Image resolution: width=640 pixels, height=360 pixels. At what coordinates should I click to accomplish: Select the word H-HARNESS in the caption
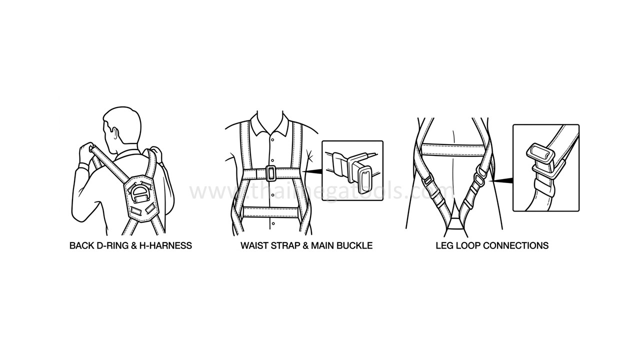pos(165,245)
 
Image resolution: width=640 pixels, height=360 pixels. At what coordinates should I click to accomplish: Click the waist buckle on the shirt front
pos(271,173)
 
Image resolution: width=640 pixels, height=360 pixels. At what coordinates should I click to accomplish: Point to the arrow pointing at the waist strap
pos(312,171)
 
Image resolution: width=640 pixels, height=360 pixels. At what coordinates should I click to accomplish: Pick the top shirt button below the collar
pos(272,140)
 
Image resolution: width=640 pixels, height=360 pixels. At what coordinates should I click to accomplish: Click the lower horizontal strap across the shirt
pos(271,212)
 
